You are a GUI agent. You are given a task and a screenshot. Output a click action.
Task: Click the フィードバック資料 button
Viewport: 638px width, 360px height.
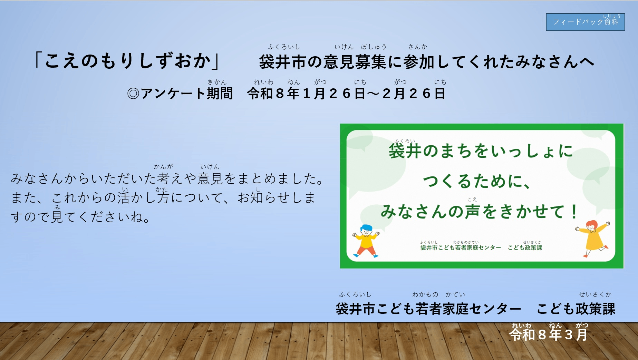[x=585, y=22]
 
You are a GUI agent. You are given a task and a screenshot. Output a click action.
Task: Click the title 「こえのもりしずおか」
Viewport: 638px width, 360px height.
[x=127, y=61]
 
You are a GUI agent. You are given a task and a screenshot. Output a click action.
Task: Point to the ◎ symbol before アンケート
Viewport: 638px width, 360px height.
[x=133, y=94]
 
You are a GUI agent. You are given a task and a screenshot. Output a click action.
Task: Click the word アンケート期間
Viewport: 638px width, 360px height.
[x=187, y=94]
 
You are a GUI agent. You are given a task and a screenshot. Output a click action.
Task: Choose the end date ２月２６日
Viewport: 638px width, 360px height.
[x=414, y=94]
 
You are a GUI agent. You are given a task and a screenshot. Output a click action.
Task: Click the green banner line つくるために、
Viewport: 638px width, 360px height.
[x=476, y=181]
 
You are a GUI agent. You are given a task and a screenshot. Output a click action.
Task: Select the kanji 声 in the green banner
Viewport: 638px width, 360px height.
[x=473, y=211]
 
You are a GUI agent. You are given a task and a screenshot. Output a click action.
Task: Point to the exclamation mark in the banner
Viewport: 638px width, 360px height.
[x=574, y=211]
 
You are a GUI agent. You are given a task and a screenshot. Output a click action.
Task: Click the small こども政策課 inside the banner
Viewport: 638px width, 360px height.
[x=525, y=247]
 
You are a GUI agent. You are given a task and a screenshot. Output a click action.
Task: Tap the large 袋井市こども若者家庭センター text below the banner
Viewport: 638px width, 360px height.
[x=428, y=309]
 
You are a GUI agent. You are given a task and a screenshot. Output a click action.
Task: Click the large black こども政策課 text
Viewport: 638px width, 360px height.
[x=576, y=309]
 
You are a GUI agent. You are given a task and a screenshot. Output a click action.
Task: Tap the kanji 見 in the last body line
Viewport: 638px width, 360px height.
[x=57, y=217]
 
